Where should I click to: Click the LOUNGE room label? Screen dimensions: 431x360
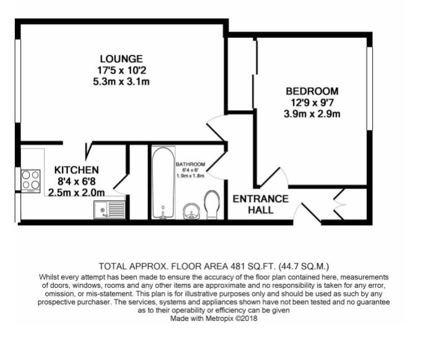121,59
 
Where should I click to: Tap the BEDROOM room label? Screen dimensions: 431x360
312,91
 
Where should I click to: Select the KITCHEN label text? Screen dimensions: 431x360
76,170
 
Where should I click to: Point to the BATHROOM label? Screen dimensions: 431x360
191,164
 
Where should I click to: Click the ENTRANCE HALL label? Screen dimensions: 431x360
261,204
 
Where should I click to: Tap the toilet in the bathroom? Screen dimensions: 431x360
212,205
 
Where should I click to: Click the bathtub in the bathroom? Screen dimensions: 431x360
163,183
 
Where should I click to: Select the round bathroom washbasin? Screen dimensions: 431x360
191,211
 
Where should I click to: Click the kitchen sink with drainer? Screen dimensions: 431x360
110,210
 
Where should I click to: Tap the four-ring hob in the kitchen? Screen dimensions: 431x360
31,181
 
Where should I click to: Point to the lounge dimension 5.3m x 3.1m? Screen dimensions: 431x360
121,82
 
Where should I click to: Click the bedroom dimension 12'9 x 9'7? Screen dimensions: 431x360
312,103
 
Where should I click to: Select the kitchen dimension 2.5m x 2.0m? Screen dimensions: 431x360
76,193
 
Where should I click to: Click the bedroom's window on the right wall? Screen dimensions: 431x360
370,88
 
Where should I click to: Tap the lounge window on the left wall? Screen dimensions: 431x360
18,81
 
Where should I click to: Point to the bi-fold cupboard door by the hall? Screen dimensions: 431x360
339,204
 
